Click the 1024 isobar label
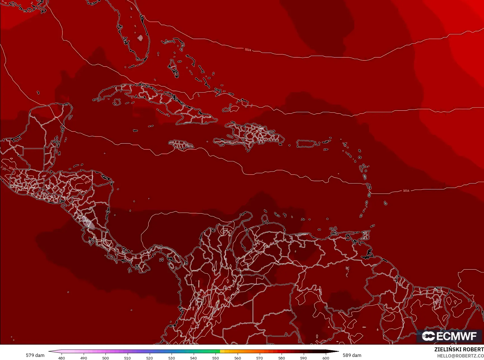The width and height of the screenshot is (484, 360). click(248, 50)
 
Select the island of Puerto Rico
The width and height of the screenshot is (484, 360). click(306, 143)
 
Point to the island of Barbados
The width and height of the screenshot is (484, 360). click(385, 203)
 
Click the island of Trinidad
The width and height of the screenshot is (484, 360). click(364, 235)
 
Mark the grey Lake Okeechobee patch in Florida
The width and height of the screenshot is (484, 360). click(140, 38)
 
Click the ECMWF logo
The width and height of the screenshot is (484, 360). click(449, 336)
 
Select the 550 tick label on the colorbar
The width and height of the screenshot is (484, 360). click(215, 358)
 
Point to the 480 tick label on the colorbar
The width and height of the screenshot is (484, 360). click(62, 358)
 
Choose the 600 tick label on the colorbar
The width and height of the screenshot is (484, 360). click(326, 358)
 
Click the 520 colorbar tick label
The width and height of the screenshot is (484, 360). click(149, 358)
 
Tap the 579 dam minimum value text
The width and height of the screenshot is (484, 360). click(35, 355)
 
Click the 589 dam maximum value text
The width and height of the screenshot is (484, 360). click(352, 355)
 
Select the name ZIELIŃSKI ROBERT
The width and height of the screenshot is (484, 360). click(459, 349)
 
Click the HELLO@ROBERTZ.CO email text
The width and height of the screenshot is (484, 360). click(460, 356)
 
